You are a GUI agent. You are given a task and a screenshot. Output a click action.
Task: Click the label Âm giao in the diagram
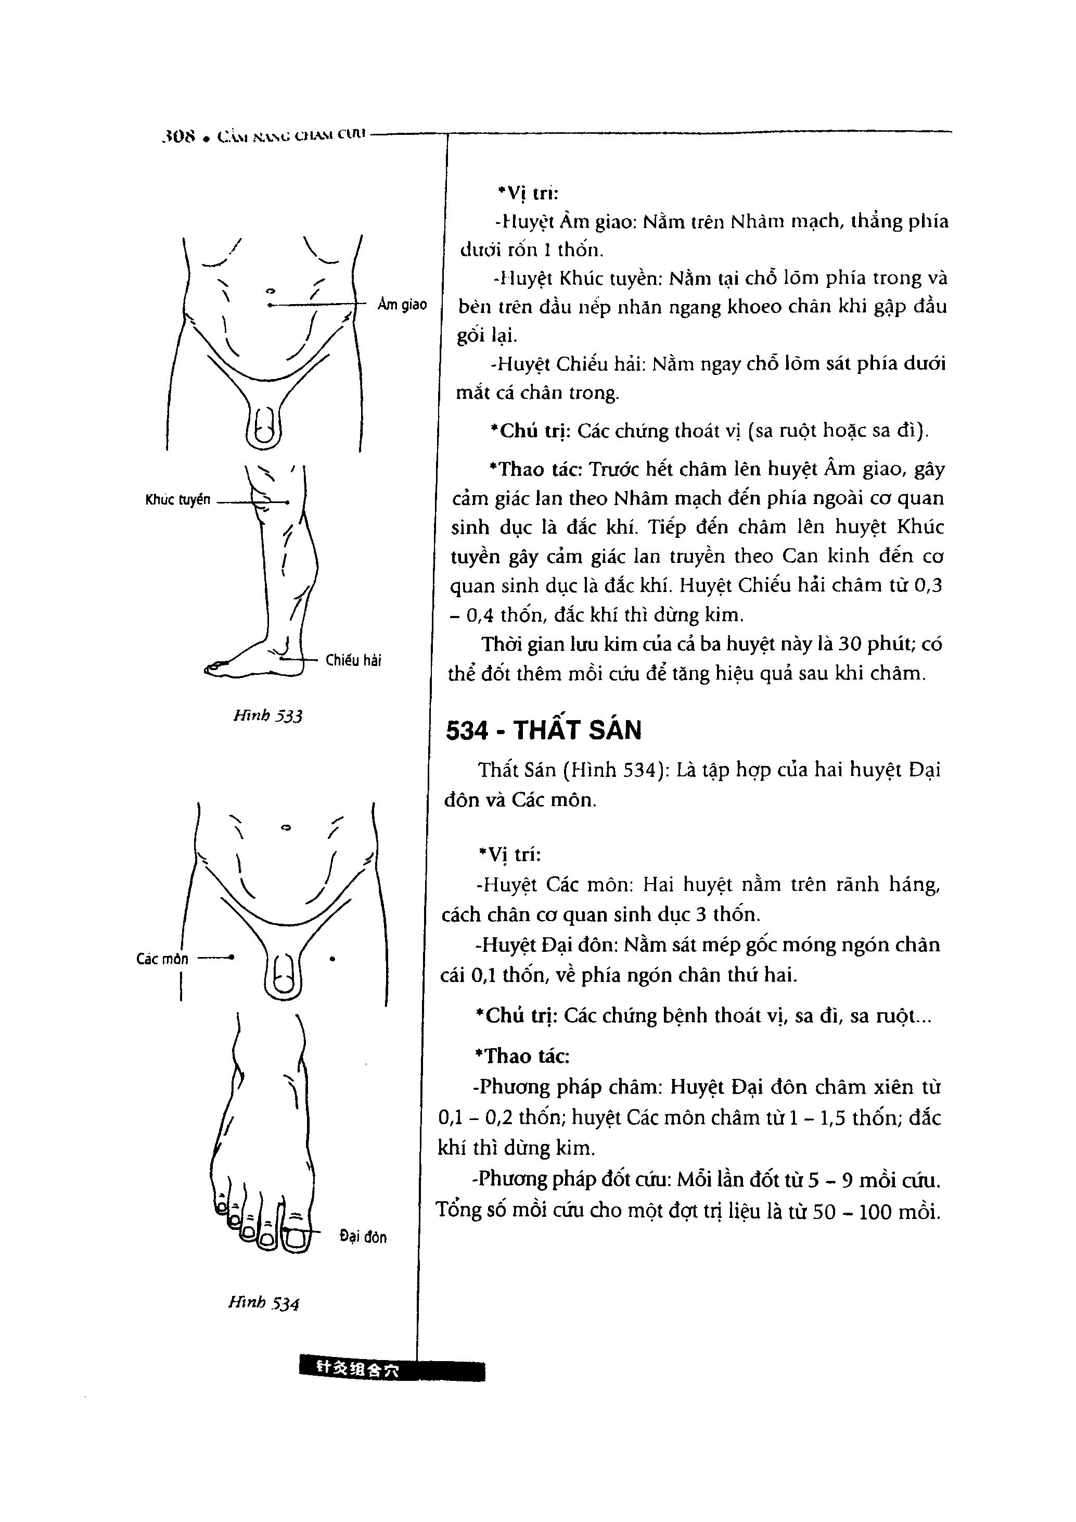pos(402,305)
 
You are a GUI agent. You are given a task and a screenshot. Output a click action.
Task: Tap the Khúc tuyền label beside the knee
pos(177,500)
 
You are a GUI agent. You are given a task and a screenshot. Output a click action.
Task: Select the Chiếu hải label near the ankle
pos(353,660)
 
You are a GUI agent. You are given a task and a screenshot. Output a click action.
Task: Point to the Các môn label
pos(162,959)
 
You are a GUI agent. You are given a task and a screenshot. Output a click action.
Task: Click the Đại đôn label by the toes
pos(363,1237)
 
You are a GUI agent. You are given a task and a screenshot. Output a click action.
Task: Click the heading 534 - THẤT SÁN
pos(544,731)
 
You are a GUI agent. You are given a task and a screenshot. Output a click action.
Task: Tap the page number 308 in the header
pos(179,137)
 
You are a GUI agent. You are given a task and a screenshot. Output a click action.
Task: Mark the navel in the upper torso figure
pos(270,291)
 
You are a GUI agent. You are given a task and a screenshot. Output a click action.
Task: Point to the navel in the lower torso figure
pos(286,828)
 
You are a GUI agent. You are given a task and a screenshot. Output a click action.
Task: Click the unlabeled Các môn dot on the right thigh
pos(332,959)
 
